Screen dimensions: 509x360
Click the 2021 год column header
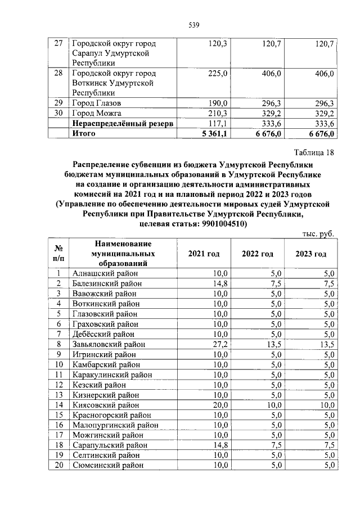[x=203, y=254]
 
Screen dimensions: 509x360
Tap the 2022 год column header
[x=258, y=254]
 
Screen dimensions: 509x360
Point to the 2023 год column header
[x=310, y=254]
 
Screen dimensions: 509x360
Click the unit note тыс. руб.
[x=318, y=233]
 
